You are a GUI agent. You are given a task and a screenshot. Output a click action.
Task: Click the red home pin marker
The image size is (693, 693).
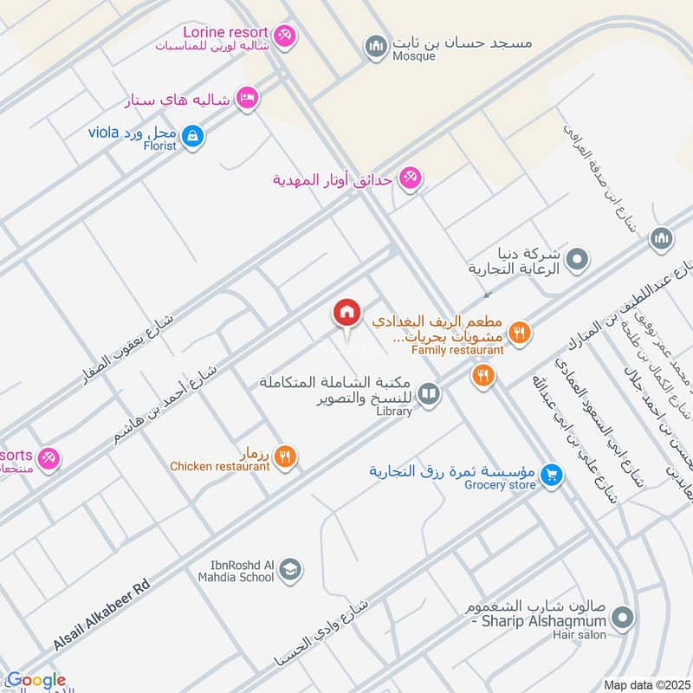[x=347, y=313]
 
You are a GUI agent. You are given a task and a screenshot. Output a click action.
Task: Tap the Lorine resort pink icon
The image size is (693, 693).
[x=287, y=36]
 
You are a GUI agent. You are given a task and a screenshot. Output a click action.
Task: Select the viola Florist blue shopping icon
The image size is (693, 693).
[x=195, y=135]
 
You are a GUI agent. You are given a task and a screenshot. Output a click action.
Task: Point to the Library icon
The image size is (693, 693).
[x=428, y=395]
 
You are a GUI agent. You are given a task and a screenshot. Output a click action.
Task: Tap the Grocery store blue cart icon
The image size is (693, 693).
[x=550, y=475]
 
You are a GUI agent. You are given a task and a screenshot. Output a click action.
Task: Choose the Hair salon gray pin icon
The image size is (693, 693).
[x=621, y=618]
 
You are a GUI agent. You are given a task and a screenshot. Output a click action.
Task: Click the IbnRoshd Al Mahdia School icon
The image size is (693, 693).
[x=292, y=569]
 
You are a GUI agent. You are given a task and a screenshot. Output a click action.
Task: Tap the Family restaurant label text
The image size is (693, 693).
[x=457, y=350]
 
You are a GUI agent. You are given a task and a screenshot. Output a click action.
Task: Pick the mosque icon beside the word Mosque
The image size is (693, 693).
[x=374, y=46]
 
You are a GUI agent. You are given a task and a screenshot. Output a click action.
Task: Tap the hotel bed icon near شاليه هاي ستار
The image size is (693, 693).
[x=248, y=99]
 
